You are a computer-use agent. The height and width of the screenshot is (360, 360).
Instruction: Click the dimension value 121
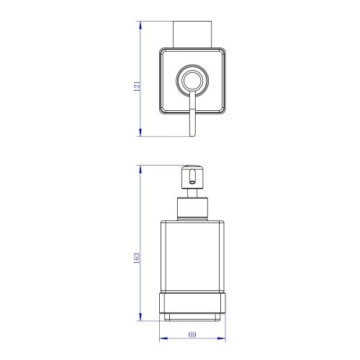tap(137, 86)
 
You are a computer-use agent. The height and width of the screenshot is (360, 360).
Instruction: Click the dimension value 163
tap(137, 258)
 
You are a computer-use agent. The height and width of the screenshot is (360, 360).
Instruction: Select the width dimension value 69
tap(192, 334)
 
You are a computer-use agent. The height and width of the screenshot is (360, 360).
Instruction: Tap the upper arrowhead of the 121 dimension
tap(140, 25)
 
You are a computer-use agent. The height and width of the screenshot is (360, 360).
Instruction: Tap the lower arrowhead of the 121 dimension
tap(140, 132)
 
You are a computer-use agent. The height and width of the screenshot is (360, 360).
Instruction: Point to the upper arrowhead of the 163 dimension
tap(140, 169)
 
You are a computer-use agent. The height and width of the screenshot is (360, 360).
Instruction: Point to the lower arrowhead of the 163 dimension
tap(140, 317)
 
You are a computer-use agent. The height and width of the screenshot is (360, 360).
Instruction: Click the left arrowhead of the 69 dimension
tap(163, 338)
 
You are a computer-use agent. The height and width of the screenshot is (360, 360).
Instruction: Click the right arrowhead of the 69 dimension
tap(222, 338)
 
